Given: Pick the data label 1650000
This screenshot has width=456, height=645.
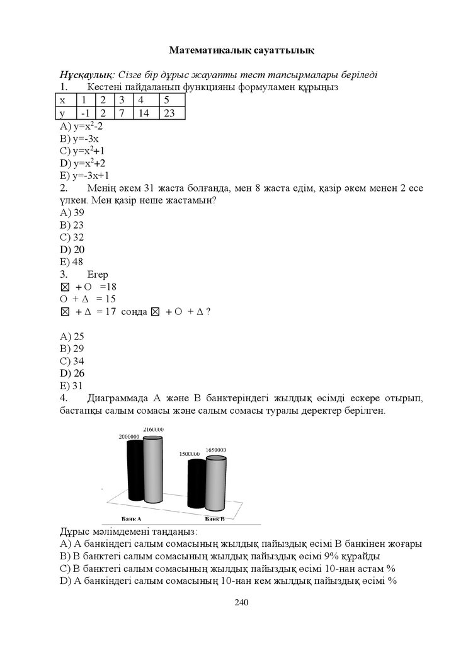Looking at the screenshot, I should pyautogui.click(x=216, y=450).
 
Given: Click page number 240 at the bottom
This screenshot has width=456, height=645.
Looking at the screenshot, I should pyautogui.click(x=242, y=603).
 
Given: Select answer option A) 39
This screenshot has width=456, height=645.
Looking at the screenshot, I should pyautogui.click(x=71, y=212).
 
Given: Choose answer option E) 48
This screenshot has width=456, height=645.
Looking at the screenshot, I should pyautogui.click(x=71, y=261).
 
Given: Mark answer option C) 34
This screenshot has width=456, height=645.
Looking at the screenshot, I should pyautogui.click(x=71, y=361).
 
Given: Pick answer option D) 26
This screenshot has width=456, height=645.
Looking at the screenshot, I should pyautogui.click(x=71, y=373).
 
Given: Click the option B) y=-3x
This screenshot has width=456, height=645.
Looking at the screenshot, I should pyautogui.click(x=79, y=139).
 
